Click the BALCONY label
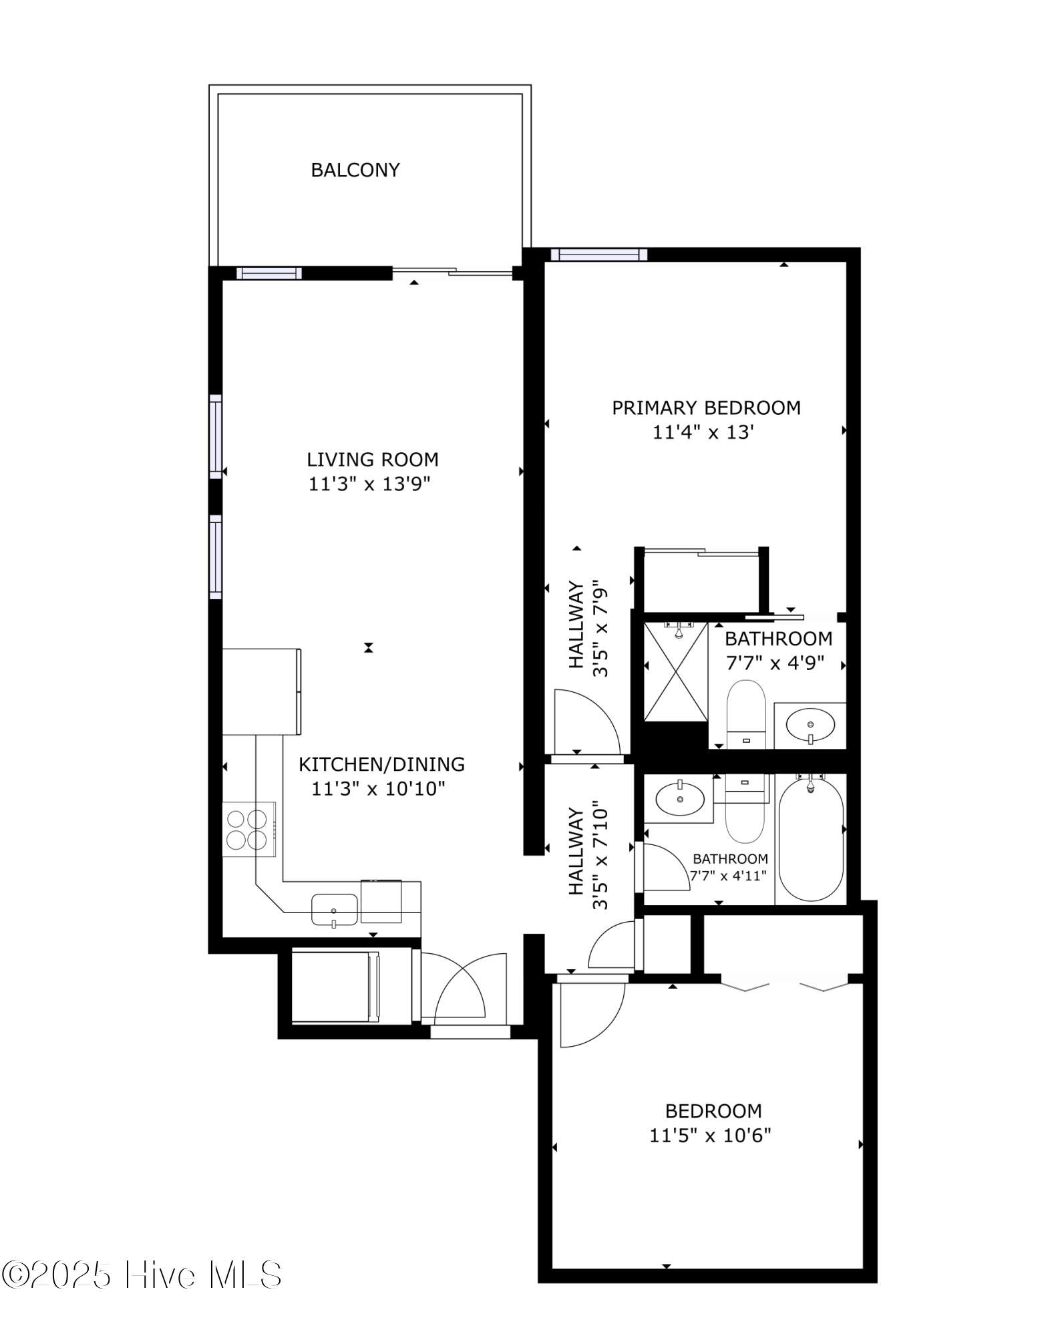[x=355, y=170]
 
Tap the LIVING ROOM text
[x=372, y=460]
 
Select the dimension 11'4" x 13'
[x=703, y=432]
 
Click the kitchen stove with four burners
[x=248, y=829]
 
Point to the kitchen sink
[x=334, y=910]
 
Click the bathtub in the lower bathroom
[x=811, y=839]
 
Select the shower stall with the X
[x=675, y=671]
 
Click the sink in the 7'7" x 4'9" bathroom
[x=810, y=724]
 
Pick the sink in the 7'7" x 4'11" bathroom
[x=679, y=798]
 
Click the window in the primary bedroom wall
[x=598, y=254]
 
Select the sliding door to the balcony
[x=452, y=271]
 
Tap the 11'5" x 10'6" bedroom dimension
[x=710, y=1135]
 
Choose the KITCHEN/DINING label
[x=381, y=764]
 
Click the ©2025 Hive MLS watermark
[x=142, y=1275]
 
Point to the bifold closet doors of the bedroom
[x=785, y=985]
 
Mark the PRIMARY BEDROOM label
[x=706, y=407]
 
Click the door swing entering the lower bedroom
[x=591, y=1013]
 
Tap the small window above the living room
[x=269, y=273]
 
